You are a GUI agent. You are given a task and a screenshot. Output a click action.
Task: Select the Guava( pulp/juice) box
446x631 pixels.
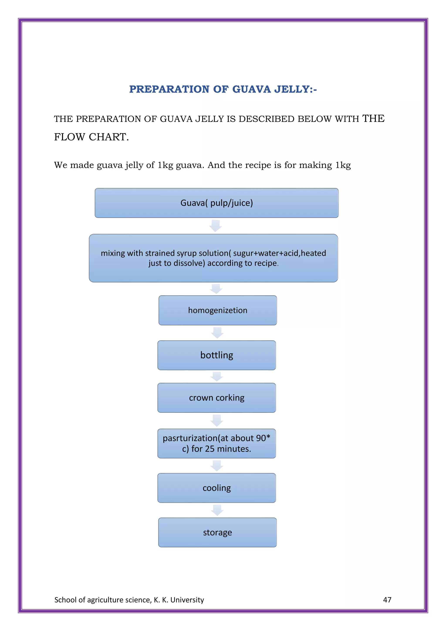point(216,203)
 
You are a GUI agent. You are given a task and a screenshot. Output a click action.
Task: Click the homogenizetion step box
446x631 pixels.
point(218,310)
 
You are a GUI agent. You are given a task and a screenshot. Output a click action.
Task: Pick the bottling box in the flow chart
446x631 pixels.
point(216,355)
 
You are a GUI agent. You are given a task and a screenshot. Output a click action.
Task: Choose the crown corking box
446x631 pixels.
point(216,398)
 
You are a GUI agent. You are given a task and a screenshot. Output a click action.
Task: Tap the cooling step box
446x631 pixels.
point(216,488)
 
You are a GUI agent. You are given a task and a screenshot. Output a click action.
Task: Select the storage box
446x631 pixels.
point(217,532)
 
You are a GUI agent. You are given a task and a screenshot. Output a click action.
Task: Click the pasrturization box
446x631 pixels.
point(216,443)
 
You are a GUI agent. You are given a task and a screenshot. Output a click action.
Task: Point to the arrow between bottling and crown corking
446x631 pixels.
point(217,376)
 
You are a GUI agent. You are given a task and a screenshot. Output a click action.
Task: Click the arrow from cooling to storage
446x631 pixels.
point(217,510)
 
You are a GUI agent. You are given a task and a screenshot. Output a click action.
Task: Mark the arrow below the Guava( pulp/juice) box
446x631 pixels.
point(216,226)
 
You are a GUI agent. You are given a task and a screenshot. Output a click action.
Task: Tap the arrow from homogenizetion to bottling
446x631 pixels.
point(217,333)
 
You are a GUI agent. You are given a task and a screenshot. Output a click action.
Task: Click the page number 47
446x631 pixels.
point(387,600)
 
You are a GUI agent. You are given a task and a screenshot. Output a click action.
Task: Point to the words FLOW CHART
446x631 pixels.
point(91,137)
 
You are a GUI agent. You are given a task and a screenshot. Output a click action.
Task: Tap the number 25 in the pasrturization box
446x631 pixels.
point(209,449)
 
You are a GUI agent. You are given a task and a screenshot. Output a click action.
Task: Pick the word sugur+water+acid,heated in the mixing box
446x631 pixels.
point(280,253)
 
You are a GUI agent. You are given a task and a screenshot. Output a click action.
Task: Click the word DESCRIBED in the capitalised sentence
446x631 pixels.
point(266,119)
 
